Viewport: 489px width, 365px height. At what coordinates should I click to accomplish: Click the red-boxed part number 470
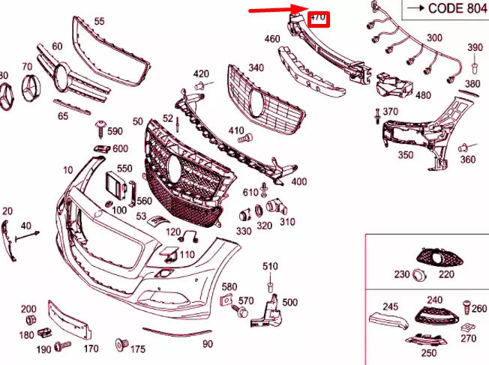point(318,16)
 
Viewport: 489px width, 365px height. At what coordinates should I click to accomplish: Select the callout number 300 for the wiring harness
point(434,37)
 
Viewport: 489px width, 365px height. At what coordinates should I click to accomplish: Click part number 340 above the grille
point(256,67)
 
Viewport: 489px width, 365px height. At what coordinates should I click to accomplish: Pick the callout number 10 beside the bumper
point(69,170)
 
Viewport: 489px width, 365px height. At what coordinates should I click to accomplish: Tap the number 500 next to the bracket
point(289,302)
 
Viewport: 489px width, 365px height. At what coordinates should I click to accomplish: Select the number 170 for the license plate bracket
point(91,348)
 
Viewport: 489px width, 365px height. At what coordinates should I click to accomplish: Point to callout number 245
point(391,306)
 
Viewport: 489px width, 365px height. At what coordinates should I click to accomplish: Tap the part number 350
point(405,155)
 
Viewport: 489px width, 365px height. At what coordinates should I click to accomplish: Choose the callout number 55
point(99,21)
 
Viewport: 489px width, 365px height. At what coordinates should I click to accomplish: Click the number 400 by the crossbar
point(298,181)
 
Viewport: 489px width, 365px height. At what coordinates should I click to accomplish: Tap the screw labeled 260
point(465,307)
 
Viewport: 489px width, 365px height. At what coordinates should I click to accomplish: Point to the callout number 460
point(272,38)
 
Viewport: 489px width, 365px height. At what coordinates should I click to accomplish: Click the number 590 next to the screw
point(115,131)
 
